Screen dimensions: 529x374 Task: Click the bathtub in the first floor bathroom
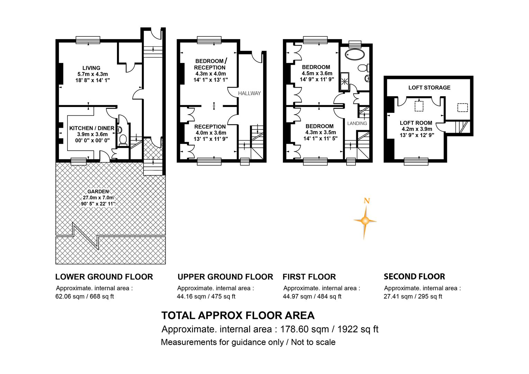(355, 55)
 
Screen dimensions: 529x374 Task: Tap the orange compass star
(365, 221)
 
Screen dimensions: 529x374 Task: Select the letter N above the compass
(367, 201)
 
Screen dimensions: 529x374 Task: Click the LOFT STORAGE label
(429, 88)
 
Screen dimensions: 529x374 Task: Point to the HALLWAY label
(249, 93)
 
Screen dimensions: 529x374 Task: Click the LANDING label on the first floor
(357, 123)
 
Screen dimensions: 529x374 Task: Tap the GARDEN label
(98, 192)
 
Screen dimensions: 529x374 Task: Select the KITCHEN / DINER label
(92, 128)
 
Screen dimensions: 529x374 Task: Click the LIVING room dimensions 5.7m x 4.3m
(92, 74)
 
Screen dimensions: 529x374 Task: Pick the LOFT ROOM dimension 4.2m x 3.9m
(417, 129)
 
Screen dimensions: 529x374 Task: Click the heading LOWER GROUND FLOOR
(104, 277)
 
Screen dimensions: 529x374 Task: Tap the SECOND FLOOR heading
(414, 276)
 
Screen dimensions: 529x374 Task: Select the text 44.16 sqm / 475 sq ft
(206, 296)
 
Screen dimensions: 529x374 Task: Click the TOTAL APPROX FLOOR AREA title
(238, 315)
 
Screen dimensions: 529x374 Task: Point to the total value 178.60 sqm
(304, 329)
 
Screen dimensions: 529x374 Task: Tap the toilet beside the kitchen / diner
(123, 140)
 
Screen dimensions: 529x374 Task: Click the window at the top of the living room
(88, 40)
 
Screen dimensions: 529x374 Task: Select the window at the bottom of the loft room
(416, 162)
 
